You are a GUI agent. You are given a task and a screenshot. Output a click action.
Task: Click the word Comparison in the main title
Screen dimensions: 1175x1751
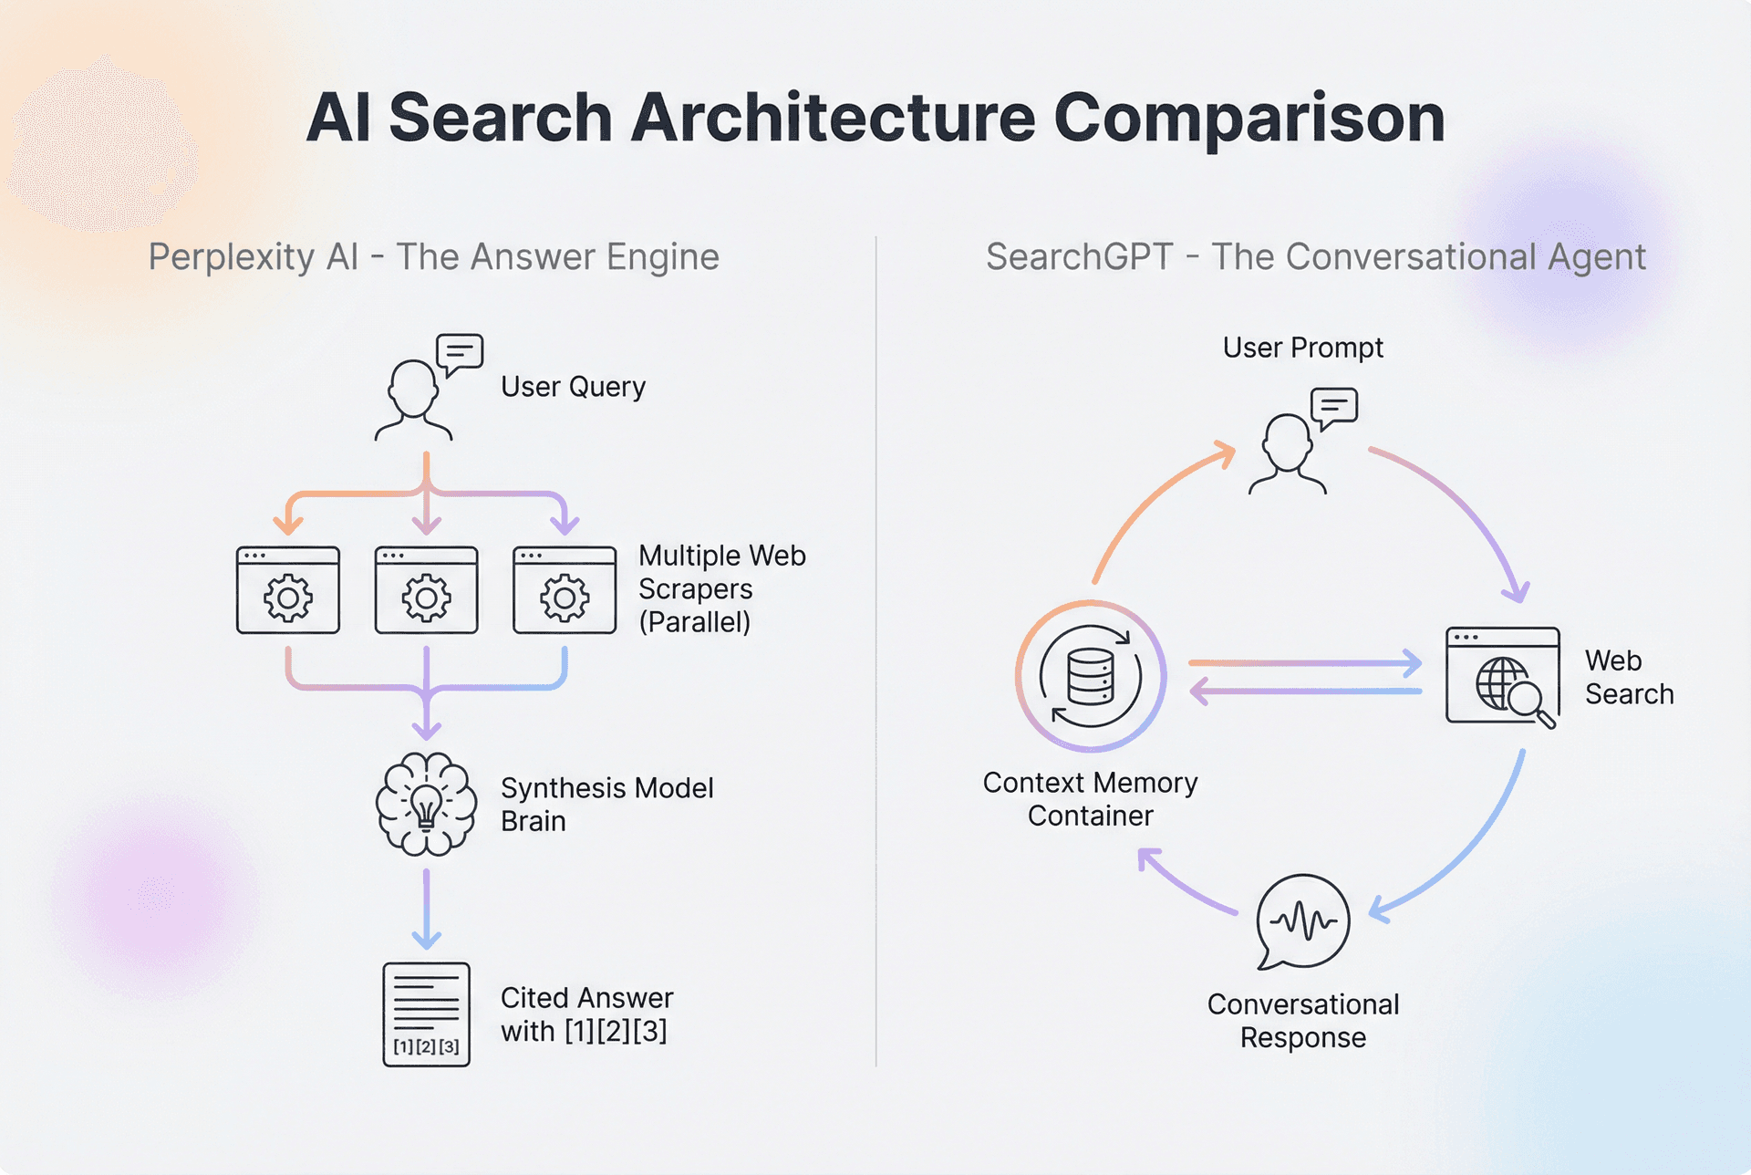(x=1248, y=119)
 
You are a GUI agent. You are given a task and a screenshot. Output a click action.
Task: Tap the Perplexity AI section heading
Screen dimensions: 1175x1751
(x=433, y=257)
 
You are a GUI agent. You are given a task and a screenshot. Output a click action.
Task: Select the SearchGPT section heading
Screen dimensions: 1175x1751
(x=1315, y=257)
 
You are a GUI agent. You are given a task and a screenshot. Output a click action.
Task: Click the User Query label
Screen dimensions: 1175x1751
(x=573, y=387)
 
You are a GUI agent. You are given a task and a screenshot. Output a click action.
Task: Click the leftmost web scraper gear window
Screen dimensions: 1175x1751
(x=288, y=590)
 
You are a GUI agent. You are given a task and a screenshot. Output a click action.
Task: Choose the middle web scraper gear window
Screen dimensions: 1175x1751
(x=426, y=590)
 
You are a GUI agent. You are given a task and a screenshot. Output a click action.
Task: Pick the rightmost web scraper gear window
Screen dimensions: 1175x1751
(x=565, y=590)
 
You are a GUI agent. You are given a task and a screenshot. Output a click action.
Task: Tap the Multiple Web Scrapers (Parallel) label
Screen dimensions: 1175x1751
(x=720, y=588)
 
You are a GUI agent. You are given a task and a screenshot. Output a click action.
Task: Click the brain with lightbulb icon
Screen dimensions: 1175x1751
(x=426, y=804)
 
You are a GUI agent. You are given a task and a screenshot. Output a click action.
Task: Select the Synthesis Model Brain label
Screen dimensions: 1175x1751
(x=606, y=804)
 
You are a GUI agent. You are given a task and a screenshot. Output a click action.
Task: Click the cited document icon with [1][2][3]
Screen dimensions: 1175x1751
(x=426, y=1014)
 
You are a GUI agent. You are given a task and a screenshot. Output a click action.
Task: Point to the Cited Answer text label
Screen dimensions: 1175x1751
(x=586, y=1014)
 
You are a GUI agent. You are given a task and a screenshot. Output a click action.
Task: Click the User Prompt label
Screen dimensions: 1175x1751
(x=1302, y=348)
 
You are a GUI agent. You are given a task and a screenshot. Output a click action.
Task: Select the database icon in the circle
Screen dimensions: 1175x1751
(x=1091, y=676)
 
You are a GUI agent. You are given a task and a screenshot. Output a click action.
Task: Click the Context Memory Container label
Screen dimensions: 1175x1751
(x=1090, y=799)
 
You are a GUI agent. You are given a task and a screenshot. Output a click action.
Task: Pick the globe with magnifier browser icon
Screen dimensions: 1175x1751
(x=1503, y=676)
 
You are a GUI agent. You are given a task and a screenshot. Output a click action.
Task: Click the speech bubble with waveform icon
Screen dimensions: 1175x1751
(x=1302, y=921)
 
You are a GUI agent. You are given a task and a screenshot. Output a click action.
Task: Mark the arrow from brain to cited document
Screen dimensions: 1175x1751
(x=426, y=908)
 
